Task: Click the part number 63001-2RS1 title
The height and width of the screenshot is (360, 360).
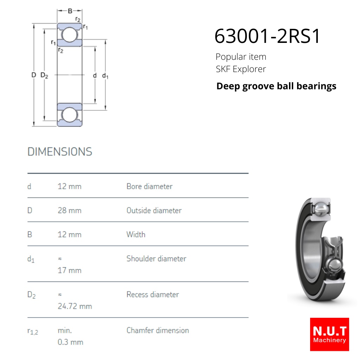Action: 267,36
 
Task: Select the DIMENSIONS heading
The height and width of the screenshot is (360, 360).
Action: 60,152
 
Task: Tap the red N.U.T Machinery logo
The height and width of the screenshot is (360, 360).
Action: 329,334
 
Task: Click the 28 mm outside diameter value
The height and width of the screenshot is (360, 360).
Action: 70,210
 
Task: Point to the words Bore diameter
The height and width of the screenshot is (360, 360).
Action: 149,186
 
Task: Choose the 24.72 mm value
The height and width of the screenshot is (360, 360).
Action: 75,306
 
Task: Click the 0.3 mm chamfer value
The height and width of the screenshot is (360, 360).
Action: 70,342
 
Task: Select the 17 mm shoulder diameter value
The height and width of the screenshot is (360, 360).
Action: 70,270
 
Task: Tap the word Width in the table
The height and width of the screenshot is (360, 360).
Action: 136,234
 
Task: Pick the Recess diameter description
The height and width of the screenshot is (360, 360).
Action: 153,294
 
